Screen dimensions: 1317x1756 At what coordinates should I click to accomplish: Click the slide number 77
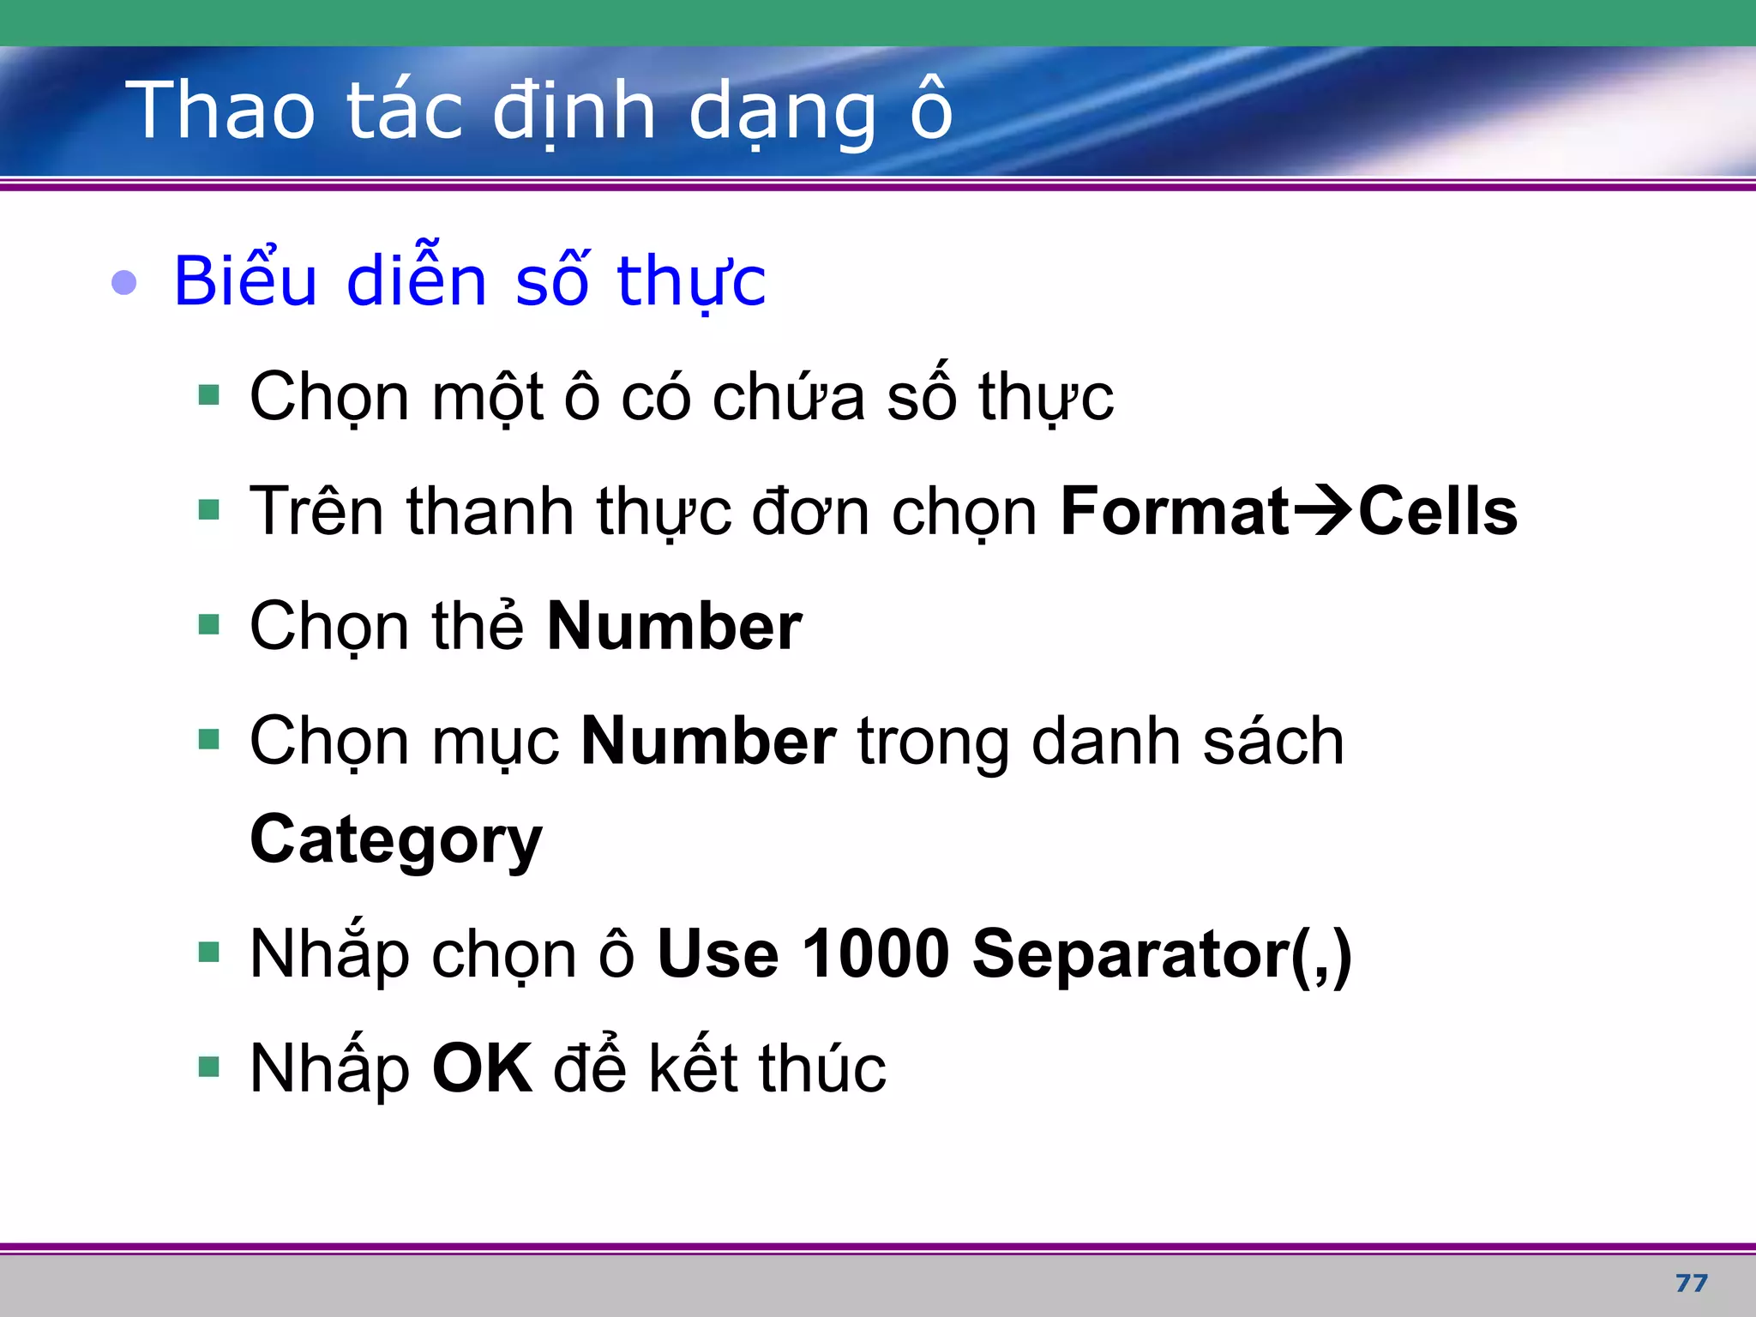pyautogui.click(x=1691, y=1283)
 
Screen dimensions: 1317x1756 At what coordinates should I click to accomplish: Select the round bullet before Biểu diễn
pyautogui.click(x=124, y=282)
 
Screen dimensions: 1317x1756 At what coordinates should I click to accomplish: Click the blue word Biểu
pyautogui.click(x=245, y=280)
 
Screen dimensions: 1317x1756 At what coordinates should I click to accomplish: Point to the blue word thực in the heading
pyautogui.click(x=691, y=280)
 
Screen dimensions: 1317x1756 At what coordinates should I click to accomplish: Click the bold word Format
pyautogui.click(x=1174, y=511)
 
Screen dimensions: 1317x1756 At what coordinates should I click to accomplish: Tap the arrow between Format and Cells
pyautogui.click(x=1322, y=511)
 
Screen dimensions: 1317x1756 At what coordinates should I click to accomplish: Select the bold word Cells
pyautogui.click(x=1438, y=511)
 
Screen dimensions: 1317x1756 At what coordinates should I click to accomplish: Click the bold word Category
pyautogui.click(x=396, y=840)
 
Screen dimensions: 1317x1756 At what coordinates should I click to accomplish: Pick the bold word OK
pyautogui.click(x=482, y=1068)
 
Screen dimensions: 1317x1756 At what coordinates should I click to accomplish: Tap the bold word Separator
pyautogui.click(x=1132, y=953)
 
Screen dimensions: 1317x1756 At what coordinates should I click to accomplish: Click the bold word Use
pyautogui.click(x=718, y=953)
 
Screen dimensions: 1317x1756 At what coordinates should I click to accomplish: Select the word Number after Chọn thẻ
pyautogui.click(x=674, y=626)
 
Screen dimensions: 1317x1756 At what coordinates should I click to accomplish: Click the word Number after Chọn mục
pyautogui.click(x=708, y=741)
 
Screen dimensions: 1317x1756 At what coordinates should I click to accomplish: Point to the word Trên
pyautogui.click(x=316, y=511)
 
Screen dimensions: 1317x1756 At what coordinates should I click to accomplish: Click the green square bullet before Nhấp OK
pyautogui.click(x=208, y=1067)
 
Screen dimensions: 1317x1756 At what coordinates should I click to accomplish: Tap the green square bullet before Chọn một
pyautogui.click(x=208, y=395)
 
